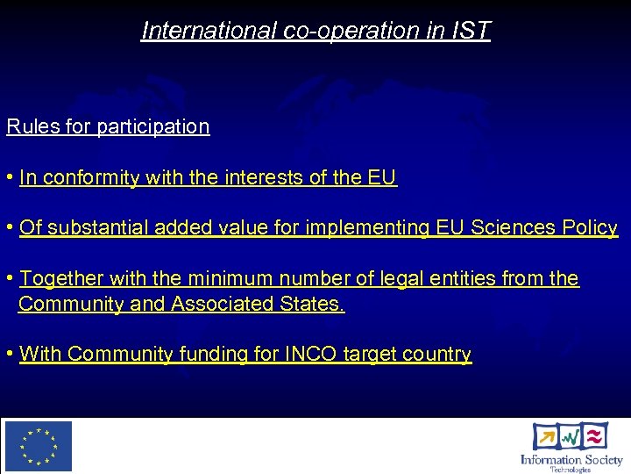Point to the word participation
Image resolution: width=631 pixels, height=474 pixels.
click(153, 126)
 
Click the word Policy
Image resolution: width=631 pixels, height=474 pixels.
click(590, 228)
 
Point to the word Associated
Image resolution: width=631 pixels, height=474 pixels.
click(235, 305)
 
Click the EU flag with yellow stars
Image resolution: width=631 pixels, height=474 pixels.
click(39, 446)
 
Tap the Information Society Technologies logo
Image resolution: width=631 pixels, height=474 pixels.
click(571, 447)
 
